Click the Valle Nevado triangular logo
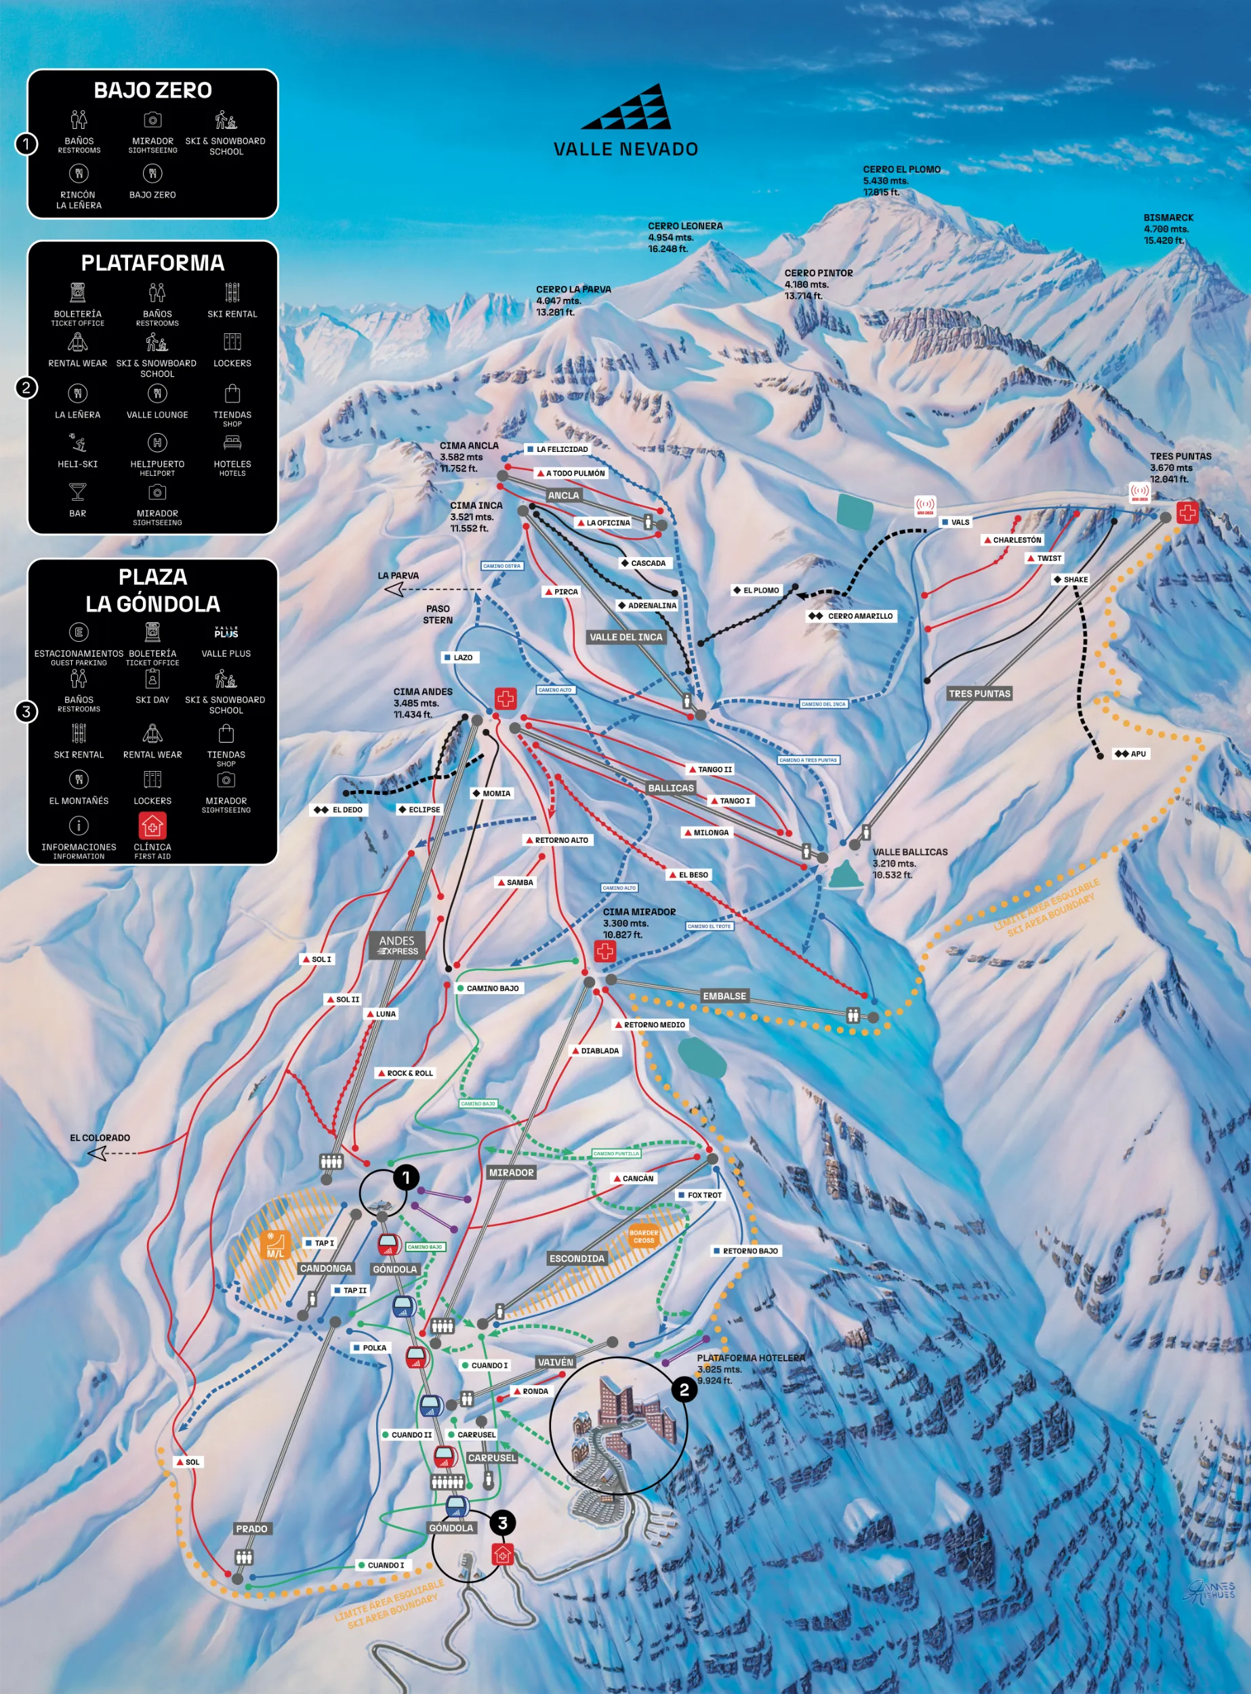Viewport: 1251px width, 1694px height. click(x=626, y=107)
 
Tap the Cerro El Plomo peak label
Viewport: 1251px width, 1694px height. click(x=901, y=180)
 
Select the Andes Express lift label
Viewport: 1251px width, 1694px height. click(x=398, y=945)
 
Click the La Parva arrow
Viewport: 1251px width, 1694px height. click(x=394, y=588)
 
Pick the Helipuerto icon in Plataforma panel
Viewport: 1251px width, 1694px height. click(x=157, y=443)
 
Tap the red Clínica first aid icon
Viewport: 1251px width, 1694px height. click(x=152, y=825)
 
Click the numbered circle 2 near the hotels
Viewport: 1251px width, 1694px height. click(x=684, y=1390)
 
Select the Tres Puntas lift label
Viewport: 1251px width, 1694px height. click(x=979, y=694)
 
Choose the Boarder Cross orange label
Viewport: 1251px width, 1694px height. click(x=644, y=1237)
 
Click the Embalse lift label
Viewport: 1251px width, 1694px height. click(x=724, y=996)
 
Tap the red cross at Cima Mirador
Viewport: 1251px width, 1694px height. click(x=604, y=951)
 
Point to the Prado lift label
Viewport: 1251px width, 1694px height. click(x=251, y=1529)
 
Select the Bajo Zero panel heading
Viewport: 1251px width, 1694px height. click(x=153, y=91)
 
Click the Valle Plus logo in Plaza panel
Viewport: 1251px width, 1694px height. click(x=226, y=633)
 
